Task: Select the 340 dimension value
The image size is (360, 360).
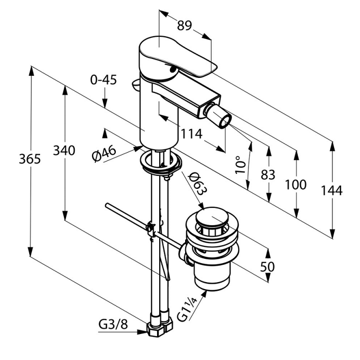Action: (x=64, y=150)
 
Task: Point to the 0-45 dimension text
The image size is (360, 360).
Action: (x=103, y=80)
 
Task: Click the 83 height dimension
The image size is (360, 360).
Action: (x=267, y=174)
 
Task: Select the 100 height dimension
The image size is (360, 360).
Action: (x=296, y=184)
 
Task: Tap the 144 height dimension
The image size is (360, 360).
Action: (x=331, y=190)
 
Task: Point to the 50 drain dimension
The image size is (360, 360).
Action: (x=267, y=266)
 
